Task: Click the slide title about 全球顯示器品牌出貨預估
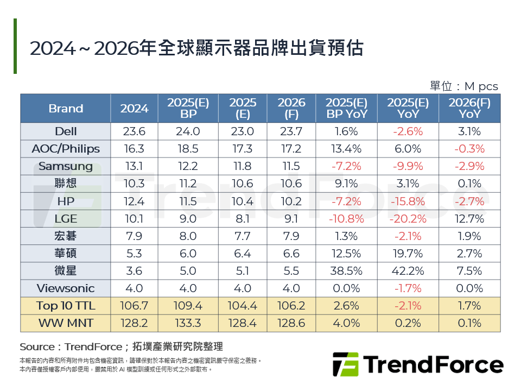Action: [196, 48]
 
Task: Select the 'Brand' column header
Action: [66, 108]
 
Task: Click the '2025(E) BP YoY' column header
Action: [347, 108]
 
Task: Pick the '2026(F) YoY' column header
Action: [469, 108]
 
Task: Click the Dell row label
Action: [66, 131]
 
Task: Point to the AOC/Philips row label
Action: [66, 149]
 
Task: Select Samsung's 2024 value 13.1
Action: [134, 166]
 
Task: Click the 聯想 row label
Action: [66, 184]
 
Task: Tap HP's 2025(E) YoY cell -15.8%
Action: [408, 201]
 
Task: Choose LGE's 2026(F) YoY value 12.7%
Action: [469, 218]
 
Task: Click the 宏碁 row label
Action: [66, 236]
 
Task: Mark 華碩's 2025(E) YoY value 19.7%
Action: [408, 254]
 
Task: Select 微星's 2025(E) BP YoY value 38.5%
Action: [347, 271]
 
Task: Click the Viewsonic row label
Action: [66, 288]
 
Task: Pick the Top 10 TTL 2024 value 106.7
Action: [134, 306]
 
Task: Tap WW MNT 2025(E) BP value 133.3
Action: [188, 323]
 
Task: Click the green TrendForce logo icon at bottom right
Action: [345, 364]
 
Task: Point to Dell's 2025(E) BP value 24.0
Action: [188, 131]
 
